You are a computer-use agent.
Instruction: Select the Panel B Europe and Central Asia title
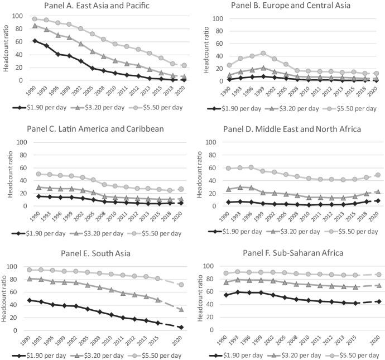tap(295, 6)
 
